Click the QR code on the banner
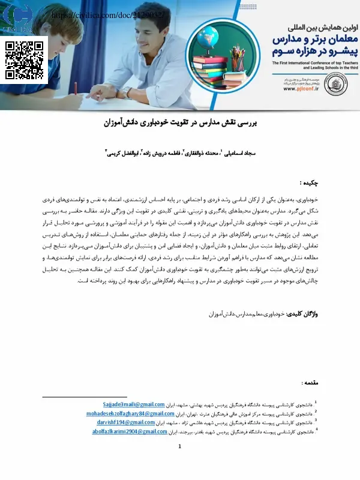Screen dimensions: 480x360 (x=25, y=61)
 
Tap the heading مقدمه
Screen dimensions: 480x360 (x=310, y=382)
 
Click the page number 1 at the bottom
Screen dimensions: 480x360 (x=180, y=447)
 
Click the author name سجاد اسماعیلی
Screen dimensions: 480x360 (x=239, y=154)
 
